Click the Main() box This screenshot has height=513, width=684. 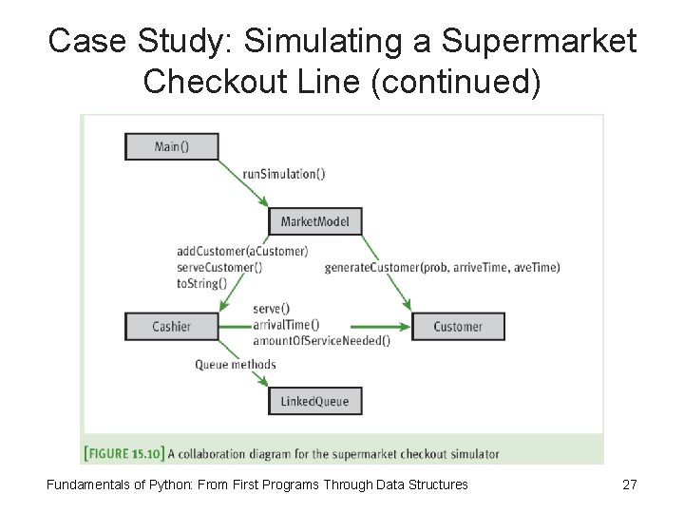pos(171,146)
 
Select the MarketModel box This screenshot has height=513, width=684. pos(314,222)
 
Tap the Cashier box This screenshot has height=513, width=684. pos(171,326)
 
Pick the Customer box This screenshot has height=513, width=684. pos(457,326)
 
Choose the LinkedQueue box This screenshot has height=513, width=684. pos(314,401)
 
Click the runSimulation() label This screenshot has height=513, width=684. pos(283,174)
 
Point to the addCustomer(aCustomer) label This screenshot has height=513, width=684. pos(242,252)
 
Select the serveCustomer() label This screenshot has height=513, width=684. pos(219,267)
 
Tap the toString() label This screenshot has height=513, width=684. pos(200,282)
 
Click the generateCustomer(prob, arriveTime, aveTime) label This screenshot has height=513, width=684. pos(442,267)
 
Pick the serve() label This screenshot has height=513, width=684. pos(272,309)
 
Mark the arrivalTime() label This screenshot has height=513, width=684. pos(286,325)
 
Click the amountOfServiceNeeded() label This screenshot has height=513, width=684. pos(321,341)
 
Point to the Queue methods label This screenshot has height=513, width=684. pos(236,364)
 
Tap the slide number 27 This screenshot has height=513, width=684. pos(629,484)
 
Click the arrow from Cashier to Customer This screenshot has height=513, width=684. pos(313,327)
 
